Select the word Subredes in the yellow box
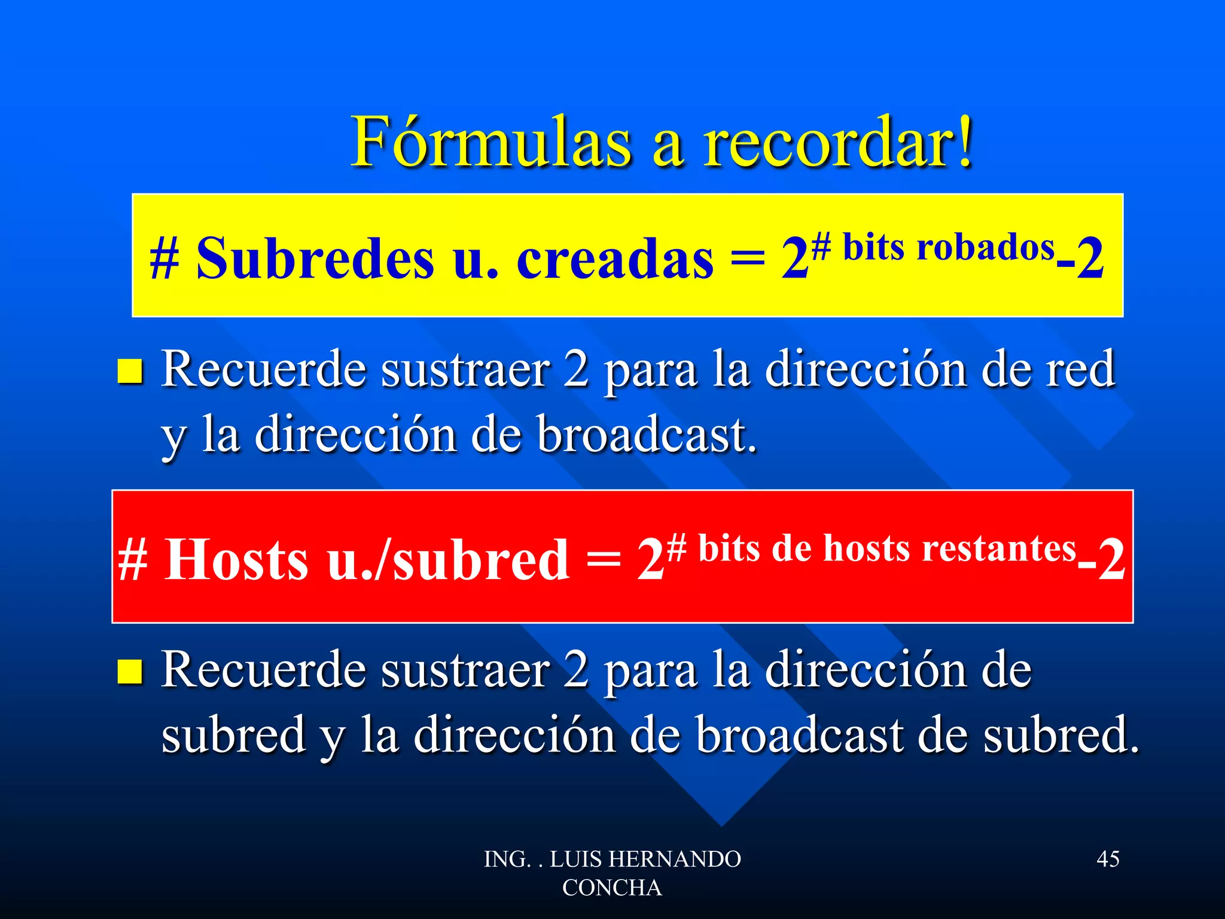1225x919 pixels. (x=315, y=258)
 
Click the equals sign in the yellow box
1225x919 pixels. (x=748, y=260)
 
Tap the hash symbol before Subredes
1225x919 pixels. (x=164, y=260)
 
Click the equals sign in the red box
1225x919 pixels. (x=603, y=560)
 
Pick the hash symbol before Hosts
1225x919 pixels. (x=132, y=560)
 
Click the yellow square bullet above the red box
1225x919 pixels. (x=130, y=371)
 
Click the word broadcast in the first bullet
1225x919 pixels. (x=646, y=434)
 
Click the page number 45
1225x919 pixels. (x=1108, y=859)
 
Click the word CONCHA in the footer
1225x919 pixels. (x=612, y=888)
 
